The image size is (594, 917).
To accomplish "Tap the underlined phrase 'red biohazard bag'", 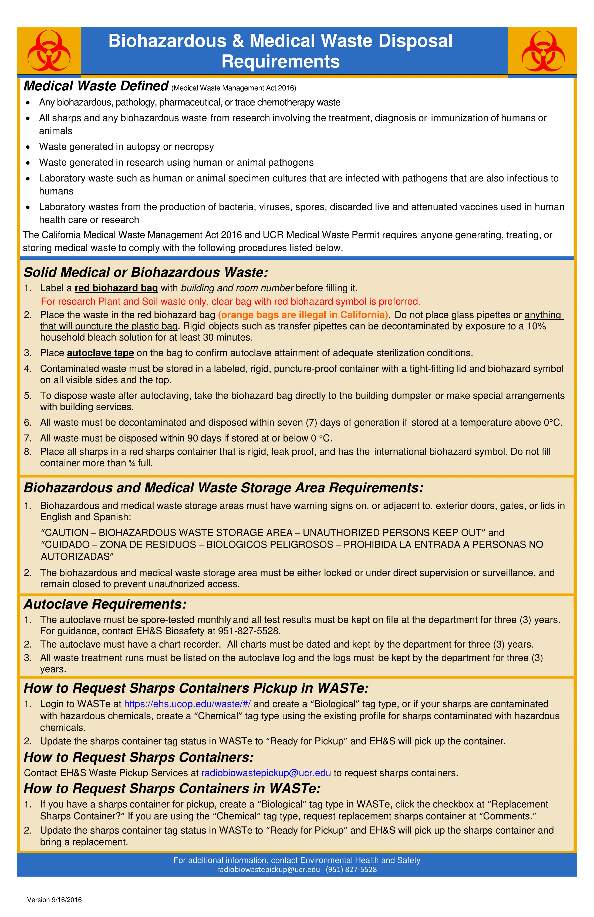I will (x=116, y=288).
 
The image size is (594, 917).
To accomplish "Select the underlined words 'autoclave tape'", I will (x=100, y=353).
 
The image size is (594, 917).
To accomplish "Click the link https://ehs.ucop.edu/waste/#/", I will (x=187, y=704).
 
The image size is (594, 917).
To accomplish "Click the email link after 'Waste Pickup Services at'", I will (x=266, y=773).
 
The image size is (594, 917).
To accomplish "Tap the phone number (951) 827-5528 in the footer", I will (x=351, y=869).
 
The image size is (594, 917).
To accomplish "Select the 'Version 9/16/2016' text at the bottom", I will (x=54, y=900).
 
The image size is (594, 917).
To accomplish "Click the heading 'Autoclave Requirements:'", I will (x=105, y=604).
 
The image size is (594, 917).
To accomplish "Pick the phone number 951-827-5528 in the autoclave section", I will (x=248, y=631).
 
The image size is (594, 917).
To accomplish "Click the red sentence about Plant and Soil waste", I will (x=231, y=301).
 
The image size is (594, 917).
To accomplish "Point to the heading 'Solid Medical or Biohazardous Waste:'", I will (x=146, y=272).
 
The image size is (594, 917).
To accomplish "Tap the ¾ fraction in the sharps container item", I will (x=132, y=463).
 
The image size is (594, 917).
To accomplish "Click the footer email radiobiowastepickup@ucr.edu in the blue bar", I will (x=268, y=869).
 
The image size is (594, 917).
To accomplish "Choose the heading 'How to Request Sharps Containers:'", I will (x=139, y=757).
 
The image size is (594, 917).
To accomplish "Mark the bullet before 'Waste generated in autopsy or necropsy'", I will (x=28, y=147).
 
